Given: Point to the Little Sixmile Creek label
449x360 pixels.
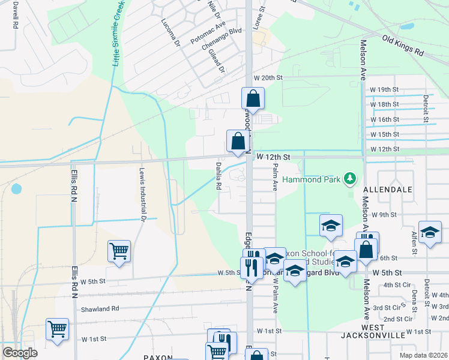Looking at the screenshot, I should point(117,33).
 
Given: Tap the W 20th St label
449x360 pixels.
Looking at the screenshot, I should point(268,78).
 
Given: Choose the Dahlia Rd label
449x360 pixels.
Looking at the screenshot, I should point(219,174).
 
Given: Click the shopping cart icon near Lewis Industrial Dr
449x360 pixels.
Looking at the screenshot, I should point(119,251).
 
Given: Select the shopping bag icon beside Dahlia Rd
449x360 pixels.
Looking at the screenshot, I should point(238,142).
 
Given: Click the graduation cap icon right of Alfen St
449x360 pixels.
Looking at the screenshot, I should point(430,232).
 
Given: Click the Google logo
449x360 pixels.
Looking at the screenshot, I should point(20,352).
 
